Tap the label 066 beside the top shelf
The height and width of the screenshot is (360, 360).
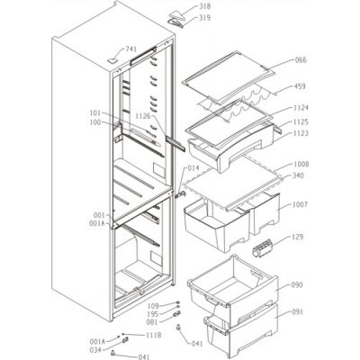click(x=300, y=61)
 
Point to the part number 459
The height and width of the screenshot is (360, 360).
click(x=300, y=89)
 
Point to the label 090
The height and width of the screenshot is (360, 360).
click(x=299, y=285)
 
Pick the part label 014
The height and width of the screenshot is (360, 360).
click(x=193, y=168)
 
